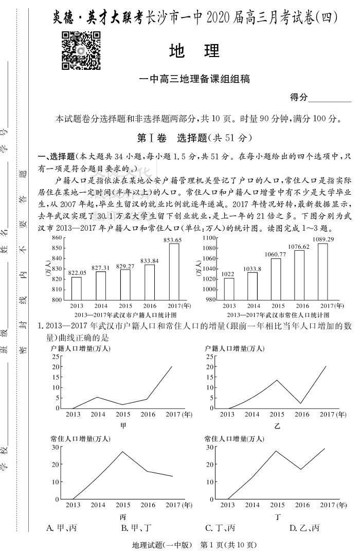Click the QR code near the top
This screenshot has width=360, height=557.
coord(81,50)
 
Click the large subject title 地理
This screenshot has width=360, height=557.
coord(194,51)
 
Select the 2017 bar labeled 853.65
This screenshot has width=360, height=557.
coord(174,271)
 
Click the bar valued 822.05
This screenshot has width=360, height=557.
coord(76,288)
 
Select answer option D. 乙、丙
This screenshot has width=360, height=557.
coord(304,528)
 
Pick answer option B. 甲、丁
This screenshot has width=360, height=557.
coord(135,528)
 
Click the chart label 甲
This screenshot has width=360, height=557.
coord(123,425)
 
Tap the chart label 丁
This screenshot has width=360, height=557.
coord(278,516)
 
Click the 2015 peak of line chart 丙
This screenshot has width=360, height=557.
coord(122,452)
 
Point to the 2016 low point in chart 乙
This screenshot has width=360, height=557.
coord(301,403)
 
